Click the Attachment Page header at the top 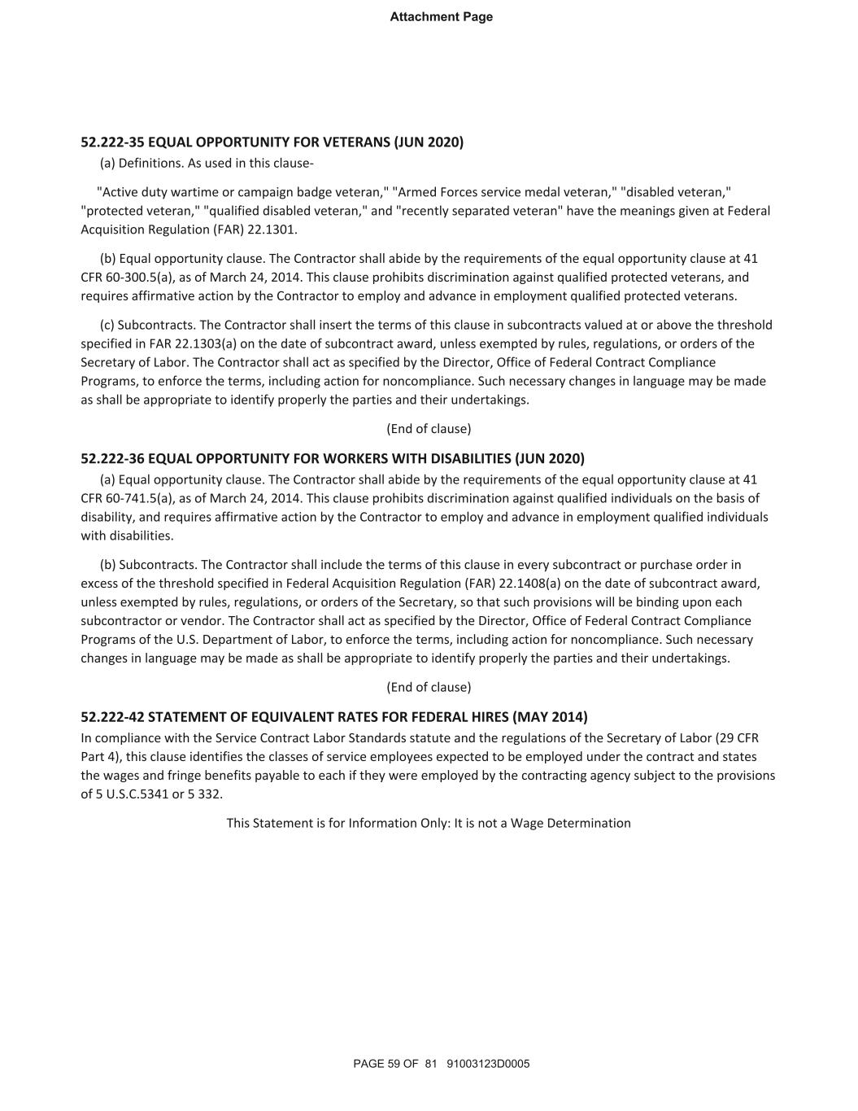pyautogui.click(x=441, y=17)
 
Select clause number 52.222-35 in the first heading pyautogui.click(x=112, y=142)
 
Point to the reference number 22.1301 pyautogui.click(x=272, y=230)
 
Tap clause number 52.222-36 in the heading pyautogui.click(x=112, y=458)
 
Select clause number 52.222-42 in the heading pyautogui.click(x=112, y=717)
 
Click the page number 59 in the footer pyautogui.click(x=392, y=1064)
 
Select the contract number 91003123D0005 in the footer pyautogui.click(x=488, y=1064)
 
